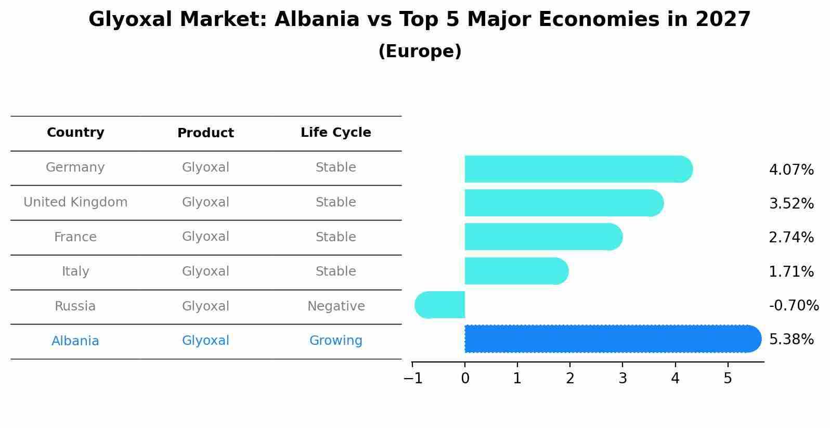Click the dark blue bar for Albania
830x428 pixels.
coord(613,339)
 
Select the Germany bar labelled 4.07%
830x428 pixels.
coord(579,169)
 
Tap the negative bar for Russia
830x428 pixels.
coord(440,305)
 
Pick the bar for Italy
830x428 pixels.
coord(516,271)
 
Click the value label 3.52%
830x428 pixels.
coord(792,203)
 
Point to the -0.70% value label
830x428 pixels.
coord(794,305)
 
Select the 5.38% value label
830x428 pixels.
coord(792,339)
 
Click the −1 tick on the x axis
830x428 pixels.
coord(413,378)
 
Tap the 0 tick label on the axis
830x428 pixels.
coord(465,378)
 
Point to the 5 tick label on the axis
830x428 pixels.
coord(728,378)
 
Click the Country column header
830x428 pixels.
coord(75,132)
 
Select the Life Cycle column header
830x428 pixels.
coord(336,132)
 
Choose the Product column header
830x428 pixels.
coord(205,133)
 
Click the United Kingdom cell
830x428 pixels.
coord(75,202)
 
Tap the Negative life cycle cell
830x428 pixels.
coord(336,306)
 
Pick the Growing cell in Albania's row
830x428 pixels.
coord(336,340)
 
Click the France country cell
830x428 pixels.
coord(75,237)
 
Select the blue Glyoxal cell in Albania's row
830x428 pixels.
coord(205,340)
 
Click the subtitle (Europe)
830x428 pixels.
coord(420,51)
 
